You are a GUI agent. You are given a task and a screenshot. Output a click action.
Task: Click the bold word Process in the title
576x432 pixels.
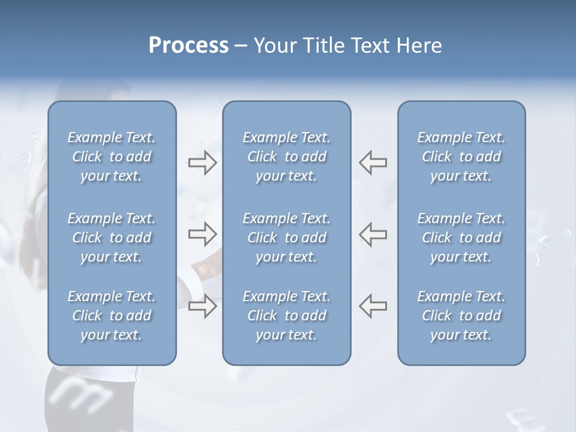pos(188,46)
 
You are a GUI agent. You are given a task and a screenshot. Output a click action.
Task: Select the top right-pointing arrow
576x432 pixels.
pos(202,163)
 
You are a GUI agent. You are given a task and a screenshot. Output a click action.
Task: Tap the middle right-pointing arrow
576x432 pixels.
pos(202,234)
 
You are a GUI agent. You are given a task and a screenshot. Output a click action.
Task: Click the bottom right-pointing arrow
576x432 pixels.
pos(202,306)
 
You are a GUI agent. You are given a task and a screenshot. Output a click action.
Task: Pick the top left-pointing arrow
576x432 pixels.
pos(373,163)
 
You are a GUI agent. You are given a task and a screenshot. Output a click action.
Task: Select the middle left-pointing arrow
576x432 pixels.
pos(373,234)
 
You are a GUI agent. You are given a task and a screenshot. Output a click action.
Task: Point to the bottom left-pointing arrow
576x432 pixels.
pos(373,306)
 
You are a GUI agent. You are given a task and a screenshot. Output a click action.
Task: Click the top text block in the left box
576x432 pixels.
pos(112,157)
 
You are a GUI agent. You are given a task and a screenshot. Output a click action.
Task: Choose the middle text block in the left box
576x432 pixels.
pos(112,238)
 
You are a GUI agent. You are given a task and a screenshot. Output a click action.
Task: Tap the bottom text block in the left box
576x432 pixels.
pos(112,316)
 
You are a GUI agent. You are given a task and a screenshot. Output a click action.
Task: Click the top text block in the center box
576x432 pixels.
pos(286,157)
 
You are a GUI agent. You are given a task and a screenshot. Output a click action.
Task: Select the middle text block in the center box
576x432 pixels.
pos(286,238)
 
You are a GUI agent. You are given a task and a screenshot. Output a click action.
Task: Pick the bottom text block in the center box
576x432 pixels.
pos(286,316)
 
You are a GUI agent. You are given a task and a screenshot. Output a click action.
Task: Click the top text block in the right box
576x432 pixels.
pos(461,157)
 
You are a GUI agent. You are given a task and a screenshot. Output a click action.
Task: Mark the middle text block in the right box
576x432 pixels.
pos(461,238)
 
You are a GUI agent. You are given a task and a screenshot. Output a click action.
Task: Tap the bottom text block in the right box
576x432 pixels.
pos(461,316)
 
